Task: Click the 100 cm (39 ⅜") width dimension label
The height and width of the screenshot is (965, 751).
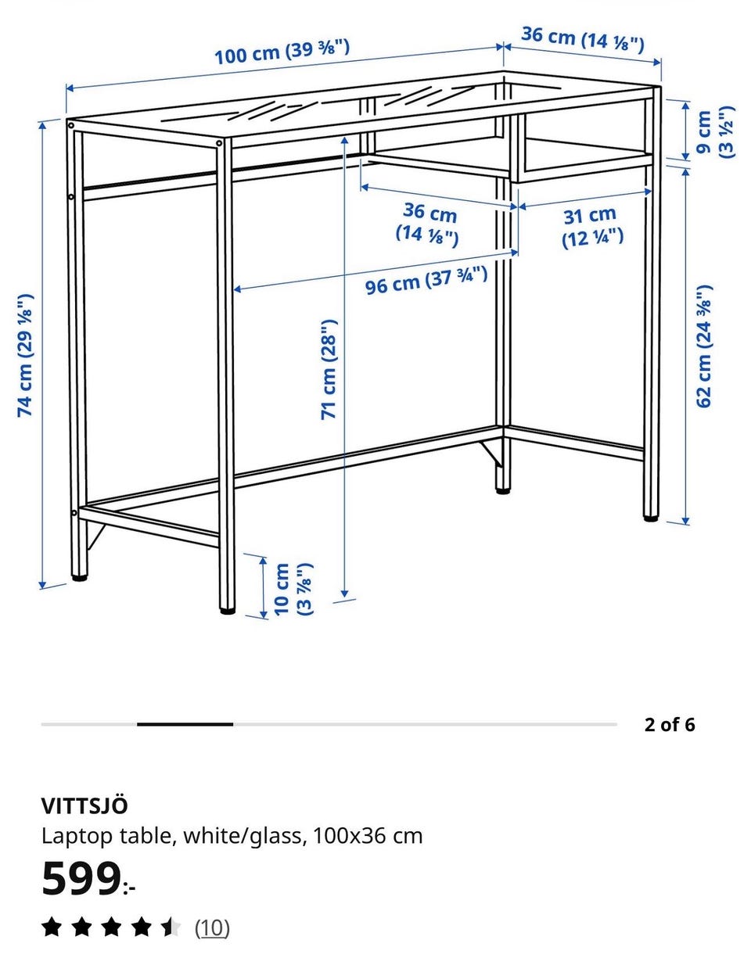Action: point(282,52)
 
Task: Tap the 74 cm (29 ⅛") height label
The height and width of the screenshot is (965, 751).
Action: point(25,355)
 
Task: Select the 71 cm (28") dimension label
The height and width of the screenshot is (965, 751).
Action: point(329,369)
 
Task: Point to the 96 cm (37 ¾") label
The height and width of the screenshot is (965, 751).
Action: point(426,281)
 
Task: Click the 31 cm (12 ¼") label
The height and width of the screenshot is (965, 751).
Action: point(592,227)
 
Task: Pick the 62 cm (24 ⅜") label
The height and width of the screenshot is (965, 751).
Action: point(704,346)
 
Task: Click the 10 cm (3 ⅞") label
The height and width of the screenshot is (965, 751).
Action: point(293,589)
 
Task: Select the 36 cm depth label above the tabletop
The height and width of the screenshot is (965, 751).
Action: point(583,39)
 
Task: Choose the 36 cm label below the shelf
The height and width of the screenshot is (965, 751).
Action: point(427,224)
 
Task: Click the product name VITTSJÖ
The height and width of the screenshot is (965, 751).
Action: point(84,805)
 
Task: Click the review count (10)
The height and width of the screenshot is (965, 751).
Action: point(212,927)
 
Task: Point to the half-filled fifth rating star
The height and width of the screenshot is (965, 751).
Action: point(171,927)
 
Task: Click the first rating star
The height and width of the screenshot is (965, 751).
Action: point(52,927)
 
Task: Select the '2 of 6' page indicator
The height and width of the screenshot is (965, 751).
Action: point(670,725)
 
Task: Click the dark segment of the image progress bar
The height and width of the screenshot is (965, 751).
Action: point(185,724)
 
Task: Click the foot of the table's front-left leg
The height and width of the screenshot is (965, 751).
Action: point(228,611)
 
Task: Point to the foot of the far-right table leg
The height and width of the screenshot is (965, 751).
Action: point(651,518)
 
